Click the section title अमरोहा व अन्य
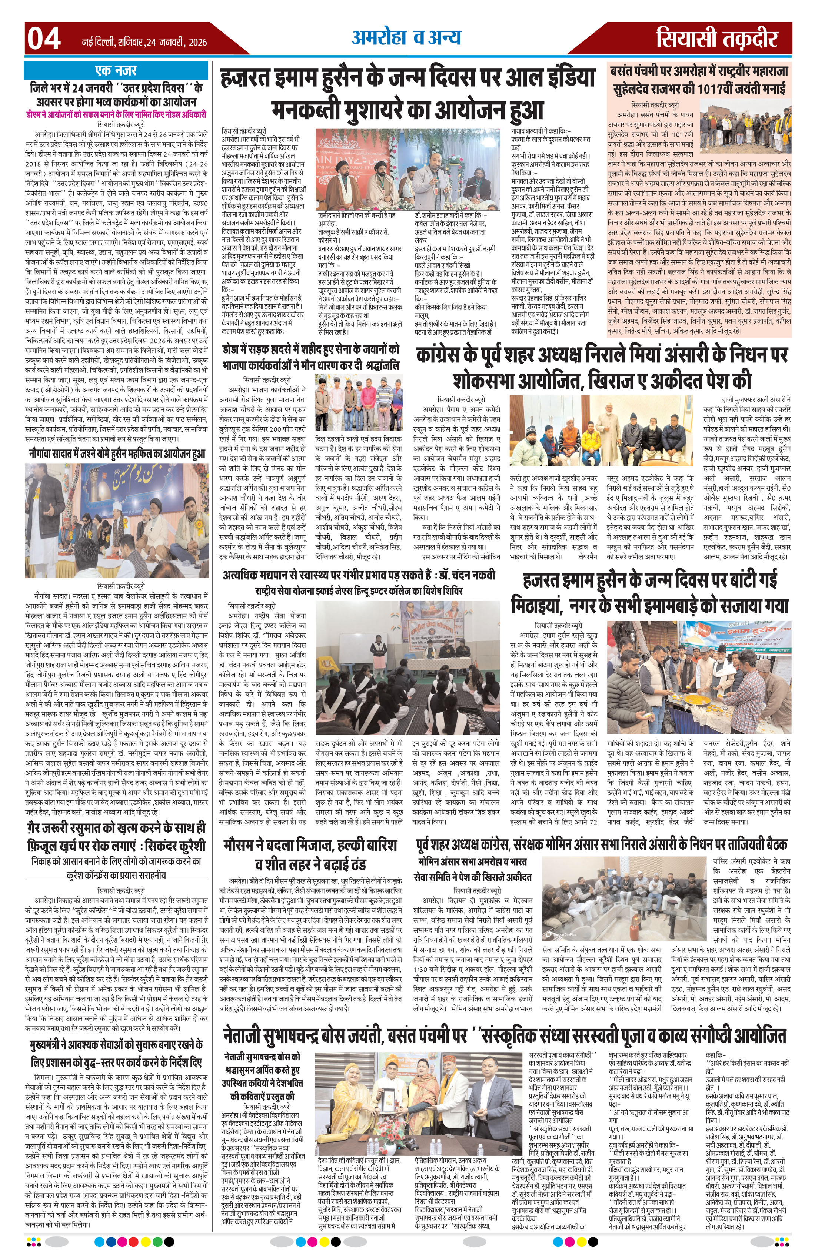click(x=406, y=38)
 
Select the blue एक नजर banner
click(x=116, y=70)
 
